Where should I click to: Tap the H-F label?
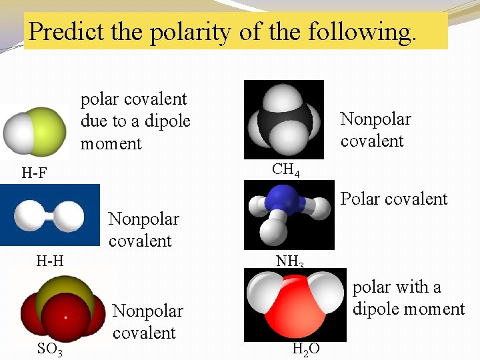[34, 174]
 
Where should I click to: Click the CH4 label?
[286, 170]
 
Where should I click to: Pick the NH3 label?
[290, 261]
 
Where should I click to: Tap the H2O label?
[306, 349]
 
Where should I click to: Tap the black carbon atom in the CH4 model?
[283, 123]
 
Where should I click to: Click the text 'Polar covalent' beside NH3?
[394, 199]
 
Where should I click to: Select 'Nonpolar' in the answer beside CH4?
[375, 119]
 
